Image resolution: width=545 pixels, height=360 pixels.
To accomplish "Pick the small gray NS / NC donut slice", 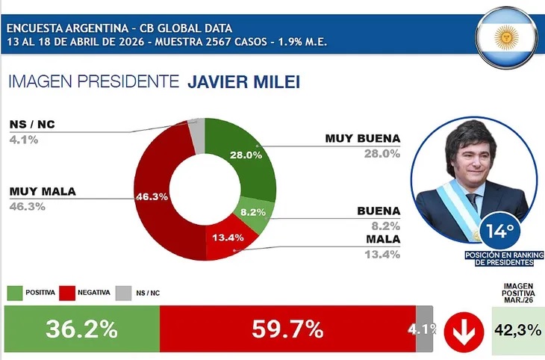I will click(x=196, y=131).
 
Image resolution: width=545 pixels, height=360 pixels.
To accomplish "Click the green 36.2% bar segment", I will click(x=81, y=329).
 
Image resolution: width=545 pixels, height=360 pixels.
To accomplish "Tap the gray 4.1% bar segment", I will click(x=424, y=329).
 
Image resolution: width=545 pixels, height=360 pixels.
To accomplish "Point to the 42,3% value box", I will click(x=517, y=329).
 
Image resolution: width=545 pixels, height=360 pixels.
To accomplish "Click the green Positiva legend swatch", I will click(x=17, y=292).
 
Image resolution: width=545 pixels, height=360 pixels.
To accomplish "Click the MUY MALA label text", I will click(x=43, y=191).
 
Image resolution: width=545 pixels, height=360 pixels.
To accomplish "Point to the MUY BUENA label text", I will click(x=363, y=139).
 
